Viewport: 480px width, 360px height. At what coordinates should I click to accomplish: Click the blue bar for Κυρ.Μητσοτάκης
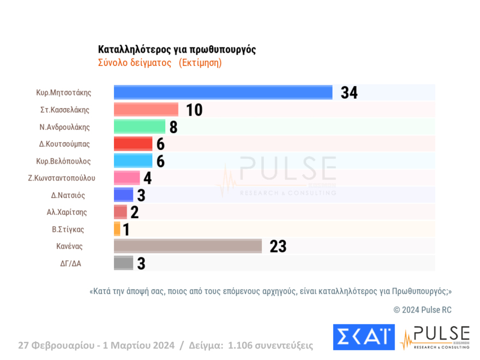[x=223, y=93]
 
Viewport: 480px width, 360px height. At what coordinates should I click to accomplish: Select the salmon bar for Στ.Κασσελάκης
[x=146, y=110]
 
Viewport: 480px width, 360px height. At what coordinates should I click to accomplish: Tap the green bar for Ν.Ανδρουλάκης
[x=139, y=127]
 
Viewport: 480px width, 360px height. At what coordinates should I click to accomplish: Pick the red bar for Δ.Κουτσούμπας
[x=133, y=144]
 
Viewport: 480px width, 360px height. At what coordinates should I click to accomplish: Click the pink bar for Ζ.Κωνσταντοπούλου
[x=127, y=178]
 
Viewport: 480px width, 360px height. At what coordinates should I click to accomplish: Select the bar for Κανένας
[x=188, y=246]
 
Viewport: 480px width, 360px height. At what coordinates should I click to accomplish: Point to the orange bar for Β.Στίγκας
[x=117, y=229]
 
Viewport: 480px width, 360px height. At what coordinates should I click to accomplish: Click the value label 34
[x=349, y=93]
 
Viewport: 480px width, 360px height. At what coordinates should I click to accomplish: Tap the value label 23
[x=278, y=247]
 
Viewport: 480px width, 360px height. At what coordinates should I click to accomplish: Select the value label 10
[x=194, y=110]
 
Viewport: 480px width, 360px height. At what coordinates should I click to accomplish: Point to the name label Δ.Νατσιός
[x=68, y=195]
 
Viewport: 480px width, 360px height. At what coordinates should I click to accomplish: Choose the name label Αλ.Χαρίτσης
[x=67, y=212]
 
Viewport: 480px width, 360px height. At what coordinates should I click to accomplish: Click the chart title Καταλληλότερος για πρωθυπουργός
[x=177, y=50]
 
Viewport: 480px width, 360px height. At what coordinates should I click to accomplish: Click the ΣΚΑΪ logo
[x=363, y=337]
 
